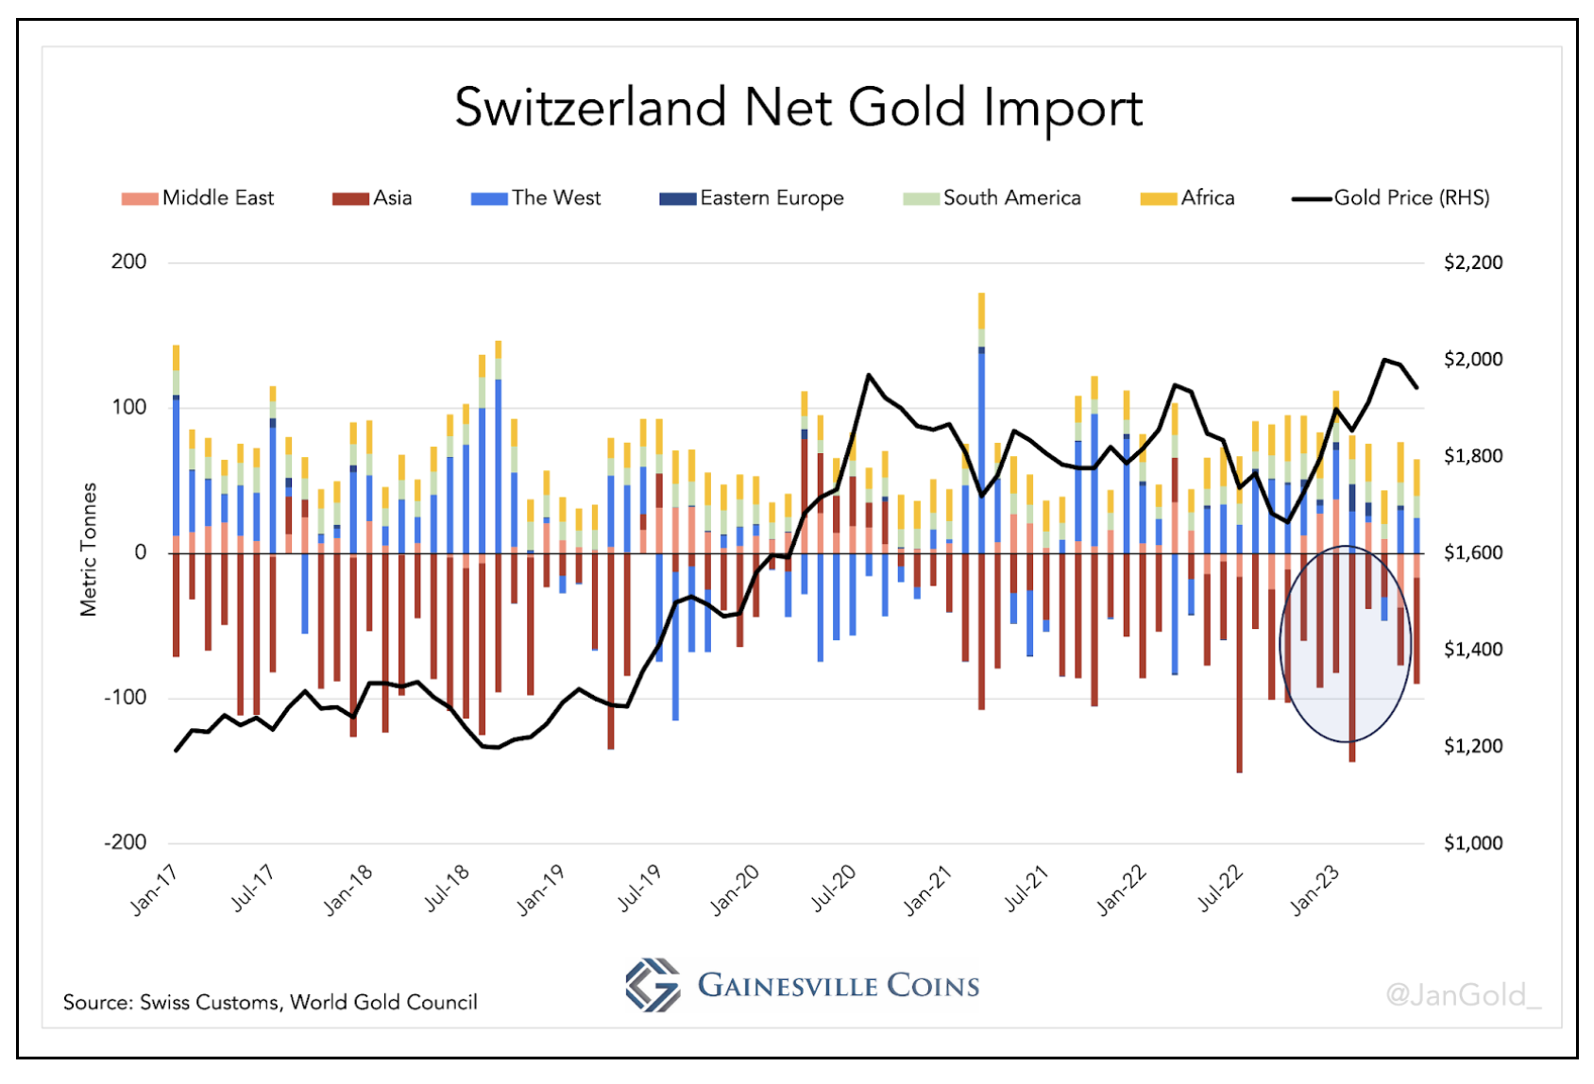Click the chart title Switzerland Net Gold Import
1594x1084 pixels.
tap(798, 108)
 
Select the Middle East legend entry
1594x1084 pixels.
tap(198, 198)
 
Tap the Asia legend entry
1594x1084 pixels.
tap(373, 198)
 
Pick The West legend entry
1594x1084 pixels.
tap(536, 198)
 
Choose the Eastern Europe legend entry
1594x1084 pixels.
tap(752, 198)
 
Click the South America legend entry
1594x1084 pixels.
tap(992, 198)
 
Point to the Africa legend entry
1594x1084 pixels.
tap(1188, 198)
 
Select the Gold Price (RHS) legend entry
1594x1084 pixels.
tap(1391, 198)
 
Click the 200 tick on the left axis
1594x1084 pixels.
tap(129, 262)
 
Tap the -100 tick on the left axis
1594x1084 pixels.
tap(126, 698)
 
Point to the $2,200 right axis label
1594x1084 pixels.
tap(1473, 263)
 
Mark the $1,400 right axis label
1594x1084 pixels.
tap(1473, 650)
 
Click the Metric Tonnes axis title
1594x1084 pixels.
tap(89, 550)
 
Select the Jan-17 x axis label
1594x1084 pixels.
tap(154, 889)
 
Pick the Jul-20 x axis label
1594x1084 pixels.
tap(834, 889)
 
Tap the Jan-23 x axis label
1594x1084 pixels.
tap(1314, 889)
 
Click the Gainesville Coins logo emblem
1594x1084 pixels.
tap(653, 985)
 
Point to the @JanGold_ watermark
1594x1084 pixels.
tap(1463, 994)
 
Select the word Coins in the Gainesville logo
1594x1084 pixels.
tap(933, 986)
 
